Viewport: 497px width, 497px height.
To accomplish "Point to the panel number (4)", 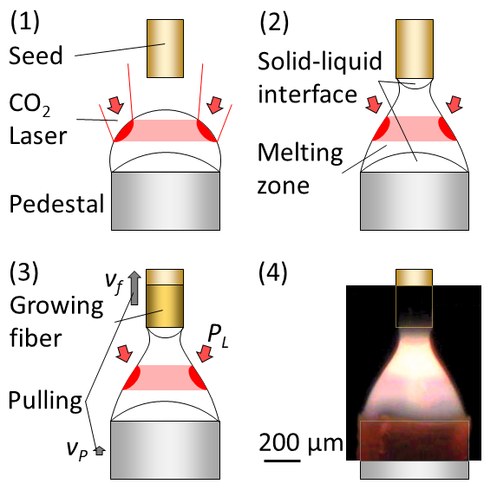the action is (x=273, y=272).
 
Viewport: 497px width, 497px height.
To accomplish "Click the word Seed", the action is (x=36, y=56).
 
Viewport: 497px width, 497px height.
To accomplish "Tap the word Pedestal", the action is (x=56, y=204).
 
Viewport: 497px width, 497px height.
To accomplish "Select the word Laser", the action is (x=38, y=135).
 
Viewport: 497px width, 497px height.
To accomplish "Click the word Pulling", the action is (x=45, y=402).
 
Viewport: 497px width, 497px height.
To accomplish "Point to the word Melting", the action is (x=300, y=154).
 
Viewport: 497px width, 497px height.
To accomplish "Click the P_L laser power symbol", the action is (x=218, y=337).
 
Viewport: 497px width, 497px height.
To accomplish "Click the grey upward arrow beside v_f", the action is (x=134, y=288).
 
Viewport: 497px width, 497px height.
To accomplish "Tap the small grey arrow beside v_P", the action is (x=100, y=450).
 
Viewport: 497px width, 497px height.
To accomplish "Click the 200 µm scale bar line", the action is (x=282, y=461).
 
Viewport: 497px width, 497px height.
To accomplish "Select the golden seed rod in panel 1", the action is (x=165, y=49).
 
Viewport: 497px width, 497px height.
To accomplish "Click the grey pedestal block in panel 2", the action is (x=415, y=201).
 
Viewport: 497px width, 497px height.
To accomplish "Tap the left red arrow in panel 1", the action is (x=115, y=105).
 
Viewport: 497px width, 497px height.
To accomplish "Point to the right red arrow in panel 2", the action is (x=454, y=103).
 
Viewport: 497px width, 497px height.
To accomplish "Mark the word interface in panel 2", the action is (x=307, y=95).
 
